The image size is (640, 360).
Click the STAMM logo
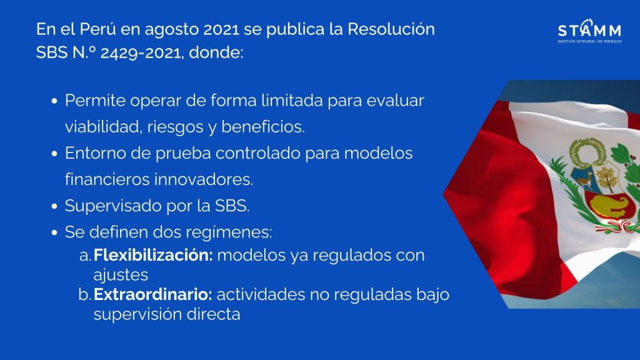pos(589,31)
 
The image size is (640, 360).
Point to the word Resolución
pos(391,29)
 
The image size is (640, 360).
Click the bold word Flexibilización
pos(153,255)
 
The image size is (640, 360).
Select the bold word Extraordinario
pos(152,294)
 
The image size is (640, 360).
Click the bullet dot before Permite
pos(55,101)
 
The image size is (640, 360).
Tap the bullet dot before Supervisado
pos(55,206)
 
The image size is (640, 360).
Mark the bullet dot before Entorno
pos(55,154)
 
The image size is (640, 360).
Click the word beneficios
pos(263,126)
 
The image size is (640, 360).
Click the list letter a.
pos(85,256)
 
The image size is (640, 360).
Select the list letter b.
pos(85,294)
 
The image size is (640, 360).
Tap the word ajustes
pos(121,275)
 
